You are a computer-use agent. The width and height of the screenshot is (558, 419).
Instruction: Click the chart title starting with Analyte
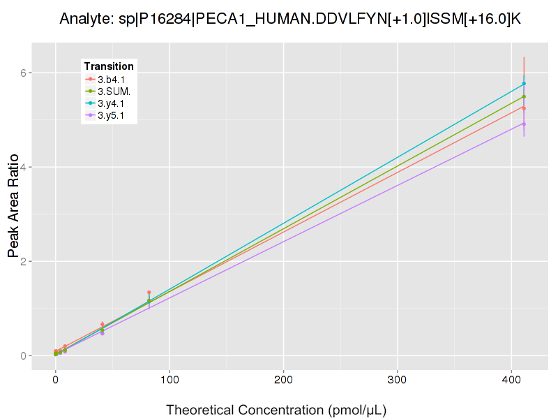[290, 18]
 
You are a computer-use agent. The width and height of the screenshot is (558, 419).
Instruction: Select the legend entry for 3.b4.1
[111, 80]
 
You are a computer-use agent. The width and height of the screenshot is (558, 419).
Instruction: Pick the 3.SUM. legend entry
[114, 91]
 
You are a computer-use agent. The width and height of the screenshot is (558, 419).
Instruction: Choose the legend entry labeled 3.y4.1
[111, 103]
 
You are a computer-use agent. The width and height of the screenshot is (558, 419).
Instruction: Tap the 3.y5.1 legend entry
[111, 115]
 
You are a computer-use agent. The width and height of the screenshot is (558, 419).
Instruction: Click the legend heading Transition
[109, 66]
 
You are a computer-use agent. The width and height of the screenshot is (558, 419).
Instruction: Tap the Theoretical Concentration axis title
[276, 409]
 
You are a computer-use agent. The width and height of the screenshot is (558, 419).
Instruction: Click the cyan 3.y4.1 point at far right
[524, 84]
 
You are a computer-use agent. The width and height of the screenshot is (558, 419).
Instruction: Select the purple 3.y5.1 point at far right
[524, 124]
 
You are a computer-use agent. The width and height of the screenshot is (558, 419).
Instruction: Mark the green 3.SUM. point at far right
[524, 96]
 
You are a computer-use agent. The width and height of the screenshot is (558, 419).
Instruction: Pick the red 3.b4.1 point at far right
[524, 108]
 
